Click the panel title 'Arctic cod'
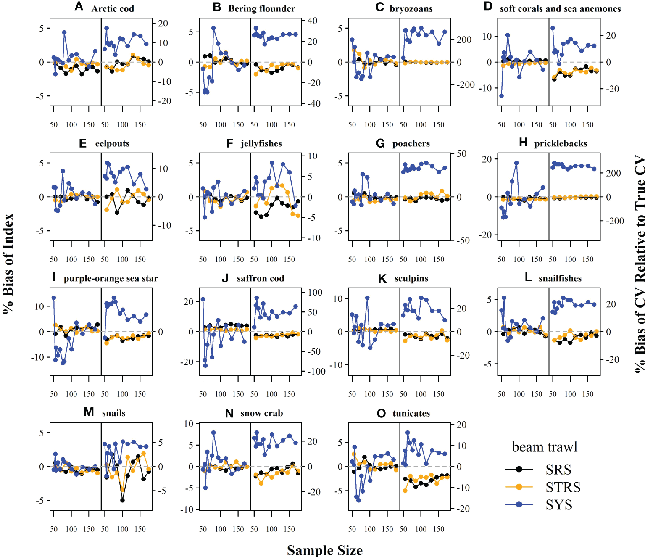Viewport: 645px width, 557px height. click(113, 8)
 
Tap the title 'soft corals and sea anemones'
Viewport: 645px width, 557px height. click(560, 8)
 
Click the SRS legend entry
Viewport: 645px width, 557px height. click(558, 469)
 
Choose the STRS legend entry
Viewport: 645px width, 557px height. click(563, 487)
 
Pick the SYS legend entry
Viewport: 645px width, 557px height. click(559, 504)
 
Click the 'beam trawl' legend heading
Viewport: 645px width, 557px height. click(545, 447)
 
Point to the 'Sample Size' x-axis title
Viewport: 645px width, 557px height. click(324, 550)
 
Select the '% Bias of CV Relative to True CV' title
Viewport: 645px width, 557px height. click(639, 264)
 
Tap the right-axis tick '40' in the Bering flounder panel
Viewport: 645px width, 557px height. click(312, 21)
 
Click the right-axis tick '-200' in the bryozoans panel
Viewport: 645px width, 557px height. click(466, 84)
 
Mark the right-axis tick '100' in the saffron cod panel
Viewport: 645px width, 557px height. click(315, 292)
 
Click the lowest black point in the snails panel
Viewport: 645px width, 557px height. click(122, 500)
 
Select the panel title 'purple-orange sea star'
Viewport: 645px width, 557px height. click(111, 278)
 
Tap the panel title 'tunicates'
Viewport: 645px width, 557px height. click(411, 413)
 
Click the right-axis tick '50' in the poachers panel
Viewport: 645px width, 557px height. click(461, 153)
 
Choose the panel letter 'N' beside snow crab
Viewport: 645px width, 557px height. click(229, 414)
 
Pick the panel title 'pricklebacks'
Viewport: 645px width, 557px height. click(561, 143)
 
